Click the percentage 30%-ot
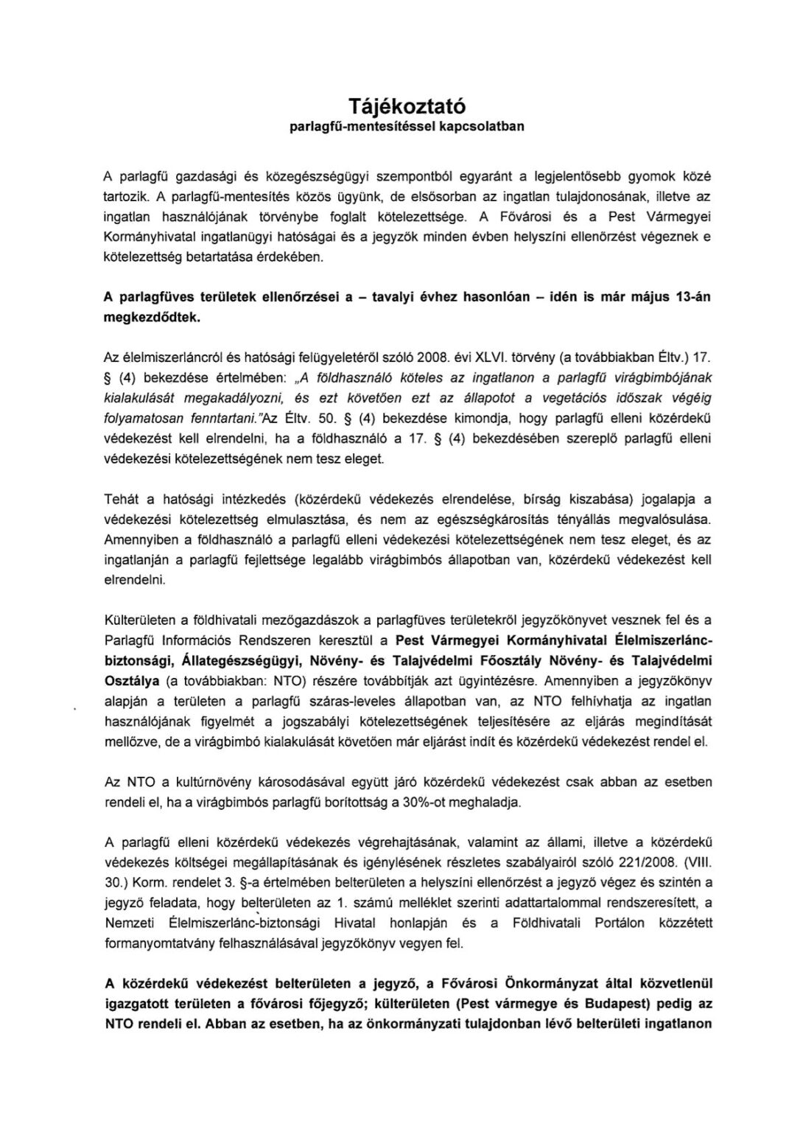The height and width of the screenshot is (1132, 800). tap(426, 802)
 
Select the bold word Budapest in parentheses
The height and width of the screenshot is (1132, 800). tap(642, 1004)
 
